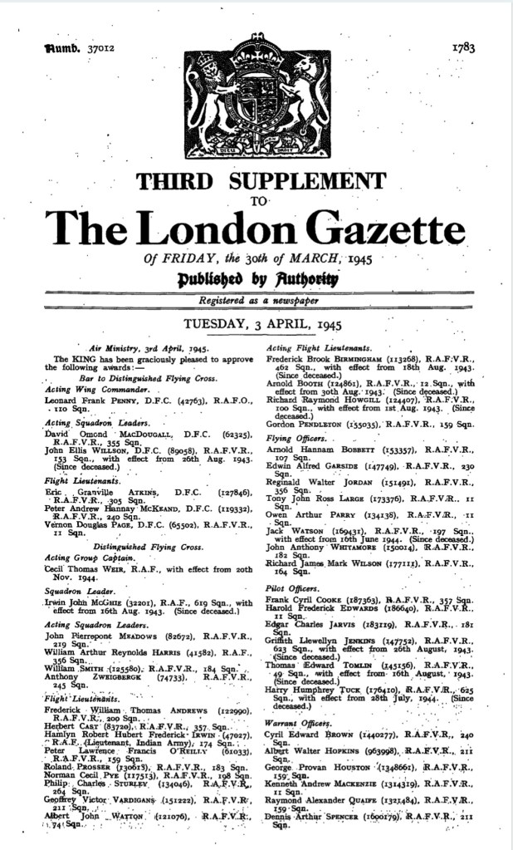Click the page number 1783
[463, 48]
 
